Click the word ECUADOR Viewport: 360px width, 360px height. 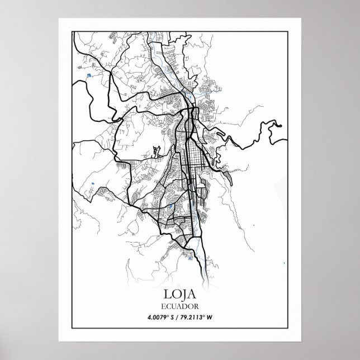point(180,307)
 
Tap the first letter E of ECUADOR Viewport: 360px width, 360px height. point(165,307)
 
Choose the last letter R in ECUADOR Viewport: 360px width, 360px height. point(195,307)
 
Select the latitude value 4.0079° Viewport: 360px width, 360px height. point(160,319)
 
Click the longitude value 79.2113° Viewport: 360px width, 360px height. point(195,319)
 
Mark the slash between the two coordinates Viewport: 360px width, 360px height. point(180,319)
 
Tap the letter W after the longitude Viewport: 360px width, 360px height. point(212,319)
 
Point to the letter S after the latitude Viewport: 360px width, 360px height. point(174,319)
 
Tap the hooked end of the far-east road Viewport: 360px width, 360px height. point(276,127)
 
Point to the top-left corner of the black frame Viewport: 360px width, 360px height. point(74,32)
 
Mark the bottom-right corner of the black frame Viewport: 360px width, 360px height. point(286,328)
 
